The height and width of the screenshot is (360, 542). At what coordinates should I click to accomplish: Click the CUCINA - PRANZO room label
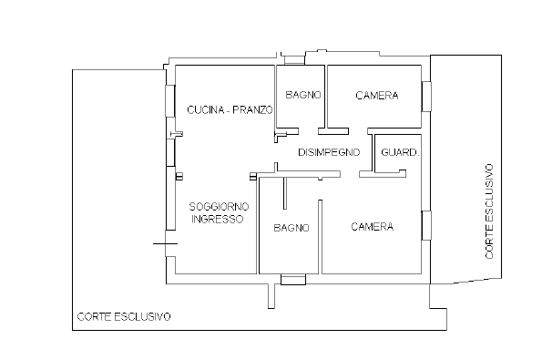point(230,110)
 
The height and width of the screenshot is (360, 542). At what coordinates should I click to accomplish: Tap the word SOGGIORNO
point(218,206)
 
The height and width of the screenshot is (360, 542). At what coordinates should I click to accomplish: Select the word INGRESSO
point(217,220)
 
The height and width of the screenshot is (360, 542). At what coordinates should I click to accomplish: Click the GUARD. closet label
point(400,151)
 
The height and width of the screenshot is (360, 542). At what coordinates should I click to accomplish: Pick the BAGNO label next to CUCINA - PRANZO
point(301,95)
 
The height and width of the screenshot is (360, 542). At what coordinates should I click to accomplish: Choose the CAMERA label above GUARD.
point(376,95)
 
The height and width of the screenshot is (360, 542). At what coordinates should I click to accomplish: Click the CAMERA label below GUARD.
point(372,227)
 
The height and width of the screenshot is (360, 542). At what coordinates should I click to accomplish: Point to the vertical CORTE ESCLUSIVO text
point(489,211)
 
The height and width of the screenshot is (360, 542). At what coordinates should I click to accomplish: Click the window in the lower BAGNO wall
point(293,279)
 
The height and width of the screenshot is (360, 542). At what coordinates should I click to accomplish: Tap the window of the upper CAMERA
point(425,95)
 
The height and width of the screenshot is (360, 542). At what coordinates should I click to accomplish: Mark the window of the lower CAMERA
point(424,224)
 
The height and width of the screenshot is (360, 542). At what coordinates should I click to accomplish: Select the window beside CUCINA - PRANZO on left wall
point(169,100)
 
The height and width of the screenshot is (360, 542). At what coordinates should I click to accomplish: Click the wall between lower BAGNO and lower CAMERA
point(319,228)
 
